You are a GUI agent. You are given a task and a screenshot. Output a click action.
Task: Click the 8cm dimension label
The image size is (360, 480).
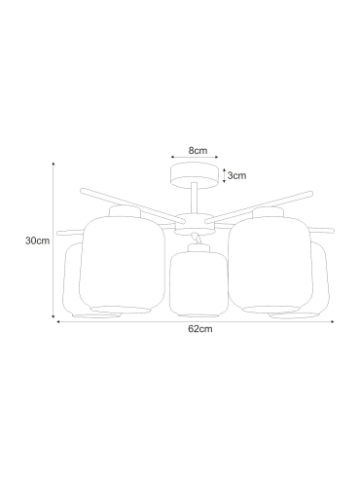point(198,151)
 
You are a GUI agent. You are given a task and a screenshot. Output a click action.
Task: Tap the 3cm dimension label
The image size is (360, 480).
point(236,175)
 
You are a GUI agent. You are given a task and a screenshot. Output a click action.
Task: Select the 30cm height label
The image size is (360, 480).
point(38,240)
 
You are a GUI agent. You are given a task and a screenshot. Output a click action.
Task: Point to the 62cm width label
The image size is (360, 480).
point(200,329)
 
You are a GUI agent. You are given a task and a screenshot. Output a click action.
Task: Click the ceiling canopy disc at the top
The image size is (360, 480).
point(195,175)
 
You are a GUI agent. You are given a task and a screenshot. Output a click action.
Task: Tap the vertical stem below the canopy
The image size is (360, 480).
point(195,198)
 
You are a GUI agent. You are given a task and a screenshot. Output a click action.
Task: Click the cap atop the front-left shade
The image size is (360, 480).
point(125,212)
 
